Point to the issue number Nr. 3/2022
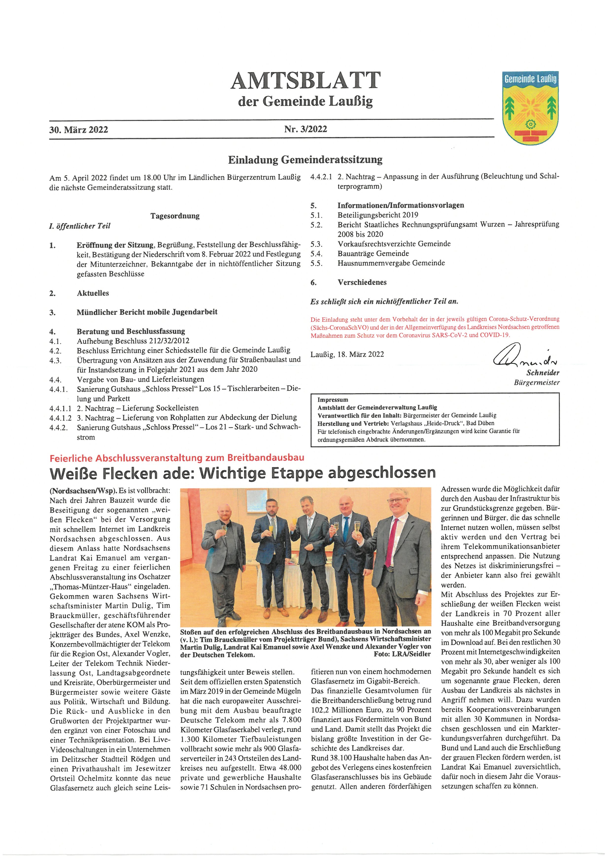305,129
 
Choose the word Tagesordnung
175,216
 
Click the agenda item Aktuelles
93,293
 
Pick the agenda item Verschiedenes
362,282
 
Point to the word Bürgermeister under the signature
537,383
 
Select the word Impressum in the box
333,400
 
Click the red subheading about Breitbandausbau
177,458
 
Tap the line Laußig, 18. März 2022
347,354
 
